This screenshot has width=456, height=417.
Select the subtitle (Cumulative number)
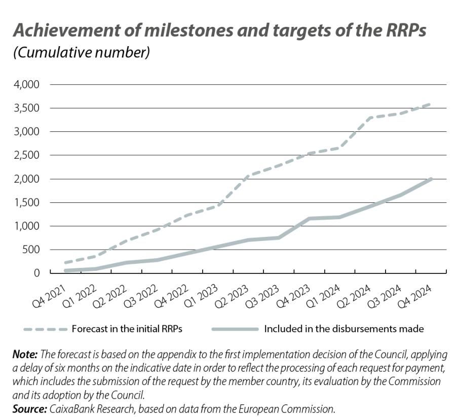81,53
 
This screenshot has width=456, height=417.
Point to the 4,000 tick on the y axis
25,84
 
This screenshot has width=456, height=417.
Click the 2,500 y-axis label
25,155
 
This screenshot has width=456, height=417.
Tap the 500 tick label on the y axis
30,250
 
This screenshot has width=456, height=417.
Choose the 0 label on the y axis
36,273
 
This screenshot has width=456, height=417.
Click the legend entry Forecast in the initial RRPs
127,329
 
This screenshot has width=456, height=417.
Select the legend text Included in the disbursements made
344,329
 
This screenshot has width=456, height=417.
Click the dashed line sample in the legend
46,329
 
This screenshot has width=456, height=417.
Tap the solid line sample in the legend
237,329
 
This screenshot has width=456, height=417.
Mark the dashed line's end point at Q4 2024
431,104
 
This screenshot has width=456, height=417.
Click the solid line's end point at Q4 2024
431,179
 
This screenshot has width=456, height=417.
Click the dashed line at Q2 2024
370,118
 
